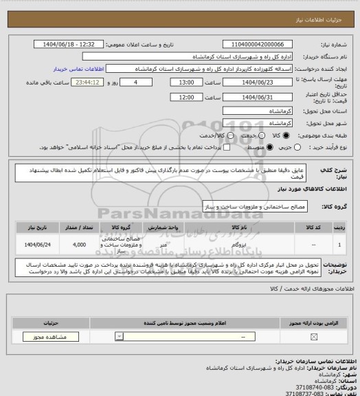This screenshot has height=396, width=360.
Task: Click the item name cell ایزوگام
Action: pos(238,243)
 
